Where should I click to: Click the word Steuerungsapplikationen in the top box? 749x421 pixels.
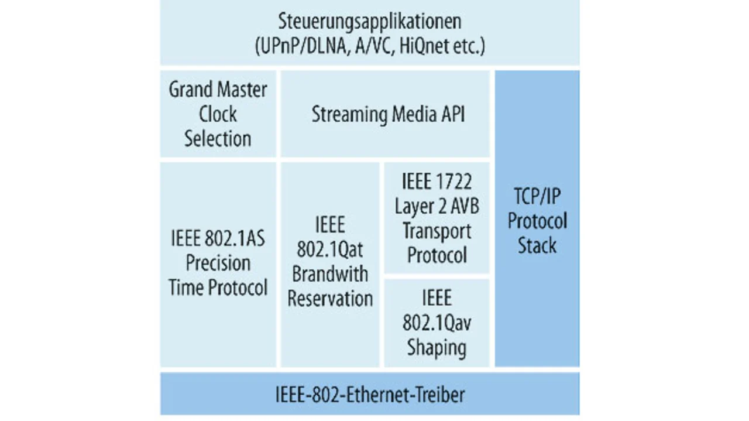pos(370,22)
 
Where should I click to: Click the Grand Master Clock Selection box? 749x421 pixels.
pos(218,114)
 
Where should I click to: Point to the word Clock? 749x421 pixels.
pos(218,114)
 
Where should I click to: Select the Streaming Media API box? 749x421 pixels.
pos(385,114)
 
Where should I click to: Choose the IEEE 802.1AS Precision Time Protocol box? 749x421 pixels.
pos(218,263)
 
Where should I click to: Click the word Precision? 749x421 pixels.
pos(218,263)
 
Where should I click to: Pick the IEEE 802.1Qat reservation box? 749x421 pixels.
pos(330,263)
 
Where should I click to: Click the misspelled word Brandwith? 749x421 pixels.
pos(330,275)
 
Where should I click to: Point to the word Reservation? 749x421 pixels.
pos(330,299)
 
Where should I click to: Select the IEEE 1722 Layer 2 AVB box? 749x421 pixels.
pos(437,218)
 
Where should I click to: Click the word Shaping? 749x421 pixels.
pos(437,347)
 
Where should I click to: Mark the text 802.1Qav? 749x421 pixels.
pos(437,323)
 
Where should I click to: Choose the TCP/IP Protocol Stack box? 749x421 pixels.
pos(537,220)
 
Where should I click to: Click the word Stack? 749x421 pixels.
pos(537,245)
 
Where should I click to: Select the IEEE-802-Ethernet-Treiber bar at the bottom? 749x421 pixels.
pos(370,394)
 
